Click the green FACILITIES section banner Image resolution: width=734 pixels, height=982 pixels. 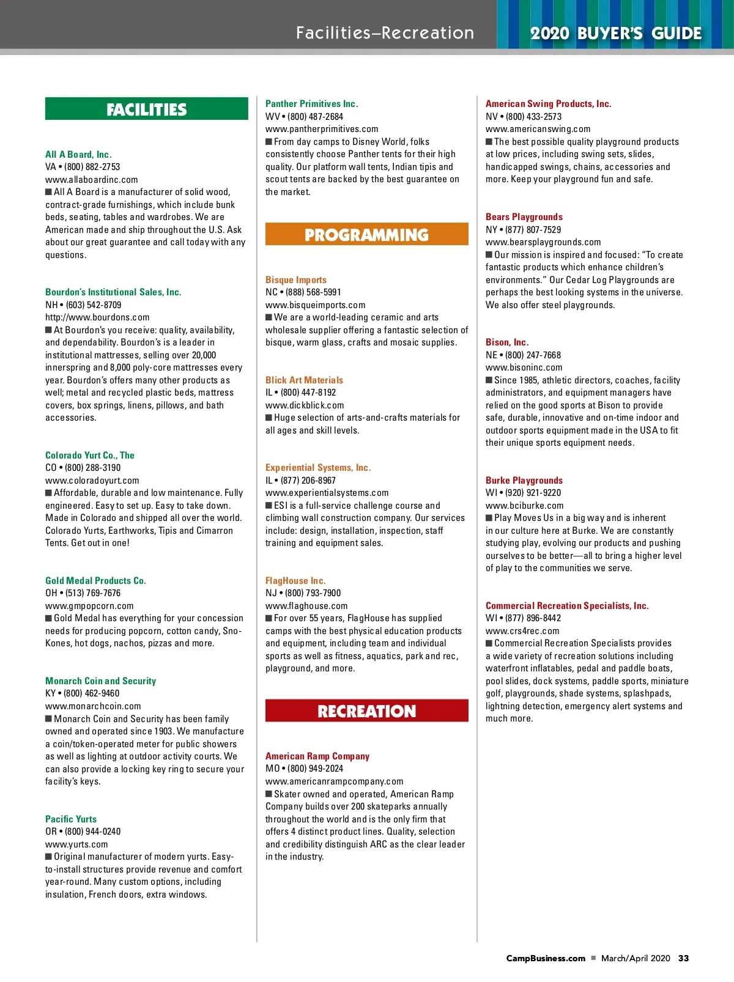tap(147, 109)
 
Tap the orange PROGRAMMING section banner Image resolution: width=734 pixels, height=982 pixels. tap(366, 234)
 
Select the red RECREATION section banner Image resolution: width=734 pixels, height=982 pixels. tap(366, 711)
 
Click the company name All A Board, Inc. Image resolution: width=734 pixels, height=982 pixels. tap(78, 154)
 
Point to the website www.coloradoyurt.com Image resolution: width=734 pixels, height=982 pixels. tap(92, 481)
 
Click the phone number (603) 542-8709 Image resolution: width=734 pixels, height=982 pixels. tap(94, 305)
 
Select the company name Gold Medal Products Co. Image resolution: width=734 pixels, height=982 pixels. tap(95, 580)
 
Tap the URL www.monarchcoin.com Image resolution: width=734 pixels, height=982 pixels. tap(93, 706)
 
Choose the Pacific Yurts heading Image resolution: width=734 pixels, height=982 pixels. tap(71, 819)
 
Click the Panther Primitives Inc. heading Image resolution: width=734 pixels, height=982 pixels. tap(311, 104)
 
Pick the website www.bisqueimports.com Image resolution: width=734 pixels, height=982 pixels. tap(315, 305)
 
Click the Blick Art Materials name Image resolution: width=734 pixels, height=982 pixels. tap(304, 380)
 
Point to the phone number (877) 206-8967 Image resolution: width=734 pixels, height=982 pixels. tap(308, 480)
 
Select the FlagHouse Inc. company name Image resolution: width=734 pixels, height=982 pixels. tap(295, 580)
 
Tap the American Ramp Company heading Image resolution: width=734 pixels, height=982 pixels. tap(317, 756)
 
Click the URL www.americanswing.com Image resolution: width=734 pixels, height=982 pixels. tap(538, 129)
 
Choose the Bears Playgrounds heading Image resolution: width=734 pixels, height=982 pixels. tap(524, 217)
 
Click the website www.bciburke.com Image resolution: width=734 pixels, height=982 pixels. tap(525, 505)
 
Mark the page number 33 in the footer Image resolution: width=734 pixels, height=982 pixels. tap(683, 958)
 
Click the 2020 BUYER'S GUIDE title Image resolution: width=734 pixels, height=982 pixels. tap(615, 33)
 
